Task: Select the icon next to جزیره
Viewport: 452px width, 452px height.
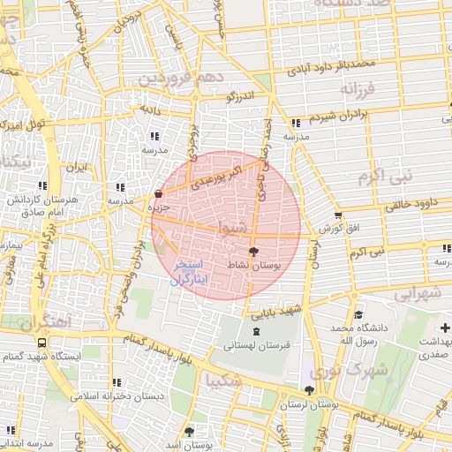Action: (158, 193)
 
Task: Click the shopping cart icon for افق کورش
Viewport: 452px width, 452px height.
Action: (338, 215)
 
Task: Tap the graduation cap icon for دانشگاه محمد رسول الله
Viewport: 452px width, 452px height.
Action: (358, 315)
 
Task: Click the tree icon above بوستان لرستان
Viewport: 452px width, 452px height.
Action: (308, 389)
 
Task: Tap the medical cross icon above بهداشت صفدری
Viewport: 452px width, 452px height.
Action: (444, 328)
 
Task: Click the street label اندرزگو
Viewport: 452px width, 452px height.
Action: (239, 95)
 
